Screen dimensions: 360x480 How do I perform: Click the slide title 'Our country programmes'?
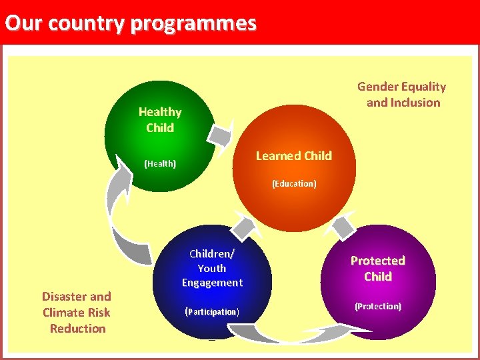(x=131, y=23)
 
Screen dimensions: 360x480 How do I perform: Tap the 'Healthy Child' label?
(x=160, y=120)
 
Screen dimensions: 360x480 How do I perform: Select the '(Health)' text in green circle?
(x=160, y=163)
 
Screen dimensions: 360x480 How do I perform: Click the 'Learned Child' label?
(x=293, y=156)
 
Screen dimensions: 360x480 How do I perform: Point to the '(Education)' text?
(x=294, y=183)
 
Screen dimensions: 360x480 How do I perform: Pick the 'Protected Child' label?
(x=378, y=268)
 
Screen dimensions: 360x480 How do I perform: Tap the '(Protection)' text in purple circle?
(x=378, y=306)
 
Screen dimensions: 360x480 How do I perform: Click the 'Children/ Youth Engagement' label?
(x=212, y=268)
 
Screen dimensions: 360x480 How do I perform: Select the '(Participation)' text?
(x=212, y=311)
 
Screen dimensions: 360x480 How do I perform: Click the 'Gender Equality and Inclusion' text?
(x=402, y=94)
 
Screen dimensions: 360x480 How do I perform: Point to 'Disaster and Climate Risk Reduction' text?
(x=77, y=312)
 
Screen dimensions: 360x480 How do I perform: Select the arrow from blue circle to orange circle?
(x=244, y=227)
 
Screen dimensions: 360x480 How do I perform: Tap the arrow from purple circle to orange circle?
(x=344, y=227)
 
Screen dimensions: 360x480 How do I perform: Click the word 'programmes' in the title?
(x=193, y=23)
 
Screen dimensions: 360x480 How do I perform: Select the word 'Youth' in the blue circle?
(x=212, y=268)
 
